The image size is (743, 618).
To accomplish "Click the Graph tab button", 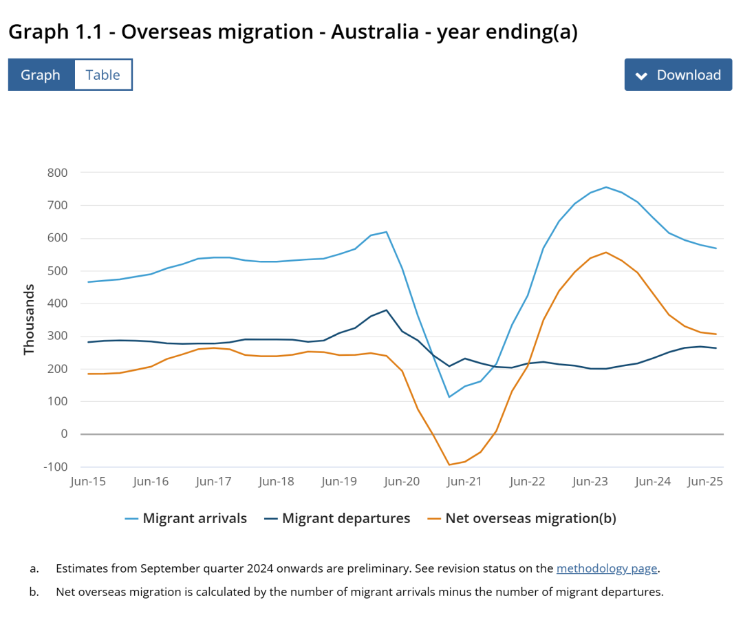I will [x=41, y=75].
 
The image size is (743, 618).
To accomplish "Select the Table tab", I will [x=103, y=75].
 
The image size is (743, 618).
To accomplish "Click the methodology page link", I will [x=607, y=568].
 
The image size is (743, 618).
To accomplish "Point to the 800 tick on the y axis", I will [x=57, y=173].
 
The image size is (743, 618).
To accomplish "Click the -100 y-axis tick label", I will [x=55, y=467].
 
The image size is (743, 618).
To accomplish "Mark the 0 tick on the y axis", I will [x=63, y=434].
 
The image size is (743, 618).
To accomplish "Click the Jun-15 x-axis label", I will [x=88, y=482].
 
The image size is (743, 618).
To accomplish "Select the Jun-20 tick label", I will [x=402, y=482].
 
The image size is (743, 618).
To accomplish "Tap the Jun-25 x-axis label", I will [x=705, y=482].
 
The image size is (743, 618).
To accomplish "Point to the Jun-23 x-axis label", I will [x=590, y=482].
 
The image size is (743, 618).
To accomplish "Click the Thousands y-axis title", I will [x=29, y=320].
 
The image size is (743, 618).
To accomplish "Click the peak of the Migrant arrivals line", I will [x=605, y=187].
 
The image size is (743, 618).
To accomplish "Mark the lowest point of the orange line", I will [x=449, y=465].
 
